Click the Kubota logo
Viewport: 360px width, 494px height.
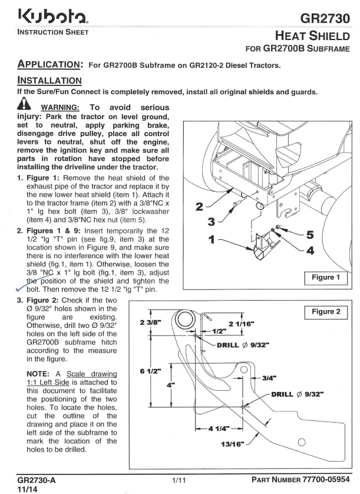[x=53, y=16]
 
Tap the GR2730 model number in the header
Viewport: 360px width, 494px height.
[x=325, y=18]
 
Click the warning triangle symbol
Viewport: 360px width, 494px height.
[x=24, y=104]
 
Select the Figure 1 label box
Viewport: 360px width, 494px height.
[x=326, y=278]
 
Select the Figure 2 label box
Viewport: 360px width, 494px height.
[x=326, y=312]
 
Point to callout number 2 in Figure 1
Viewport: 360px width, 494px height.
[x=199, y=207]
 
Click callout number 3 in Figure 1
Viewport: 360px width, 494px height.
[x=212, y=222]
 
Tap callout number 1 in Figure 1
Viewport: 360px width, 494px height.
[x=212, y=239]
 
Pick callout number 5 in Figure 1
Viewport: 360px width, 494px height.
[x=311, y=235]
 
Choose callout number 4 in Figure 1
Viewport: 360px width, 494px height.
[x=311, y=251]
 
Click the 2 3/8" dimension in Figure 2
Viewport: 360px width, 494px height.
[x=151, y=322]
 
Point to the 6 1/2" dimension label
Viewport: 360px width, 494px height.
[x=151, y=371]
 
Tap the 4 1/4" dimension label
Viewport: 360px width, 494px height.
[x=219, y=429]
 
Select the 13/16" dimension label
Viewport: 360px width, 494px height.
[x=233, y=444]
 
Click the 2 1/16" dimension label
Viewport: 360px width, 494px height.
[x=242, y=324]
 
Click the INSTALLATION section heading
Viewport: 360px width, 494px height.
[x=49, y=80]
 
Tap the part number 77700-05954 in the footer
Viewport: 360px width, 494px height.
[x=326, y=479]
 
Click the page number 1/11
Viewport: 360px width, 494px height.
[x=179, y=480]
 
